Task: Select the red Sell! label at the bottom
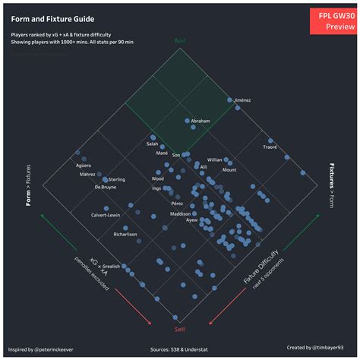tap(180, 329)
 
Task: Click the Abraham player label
tap(201, 121)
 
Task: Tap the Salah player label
tap(153, 144)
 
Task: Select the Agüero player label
tap(84, 165)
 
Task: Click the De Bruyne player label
tap(109, 187)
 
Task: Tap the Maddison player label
tap(180, 214)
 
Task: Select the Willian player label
tap(215, 160)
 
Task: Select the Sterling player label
tap(115, 179)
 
